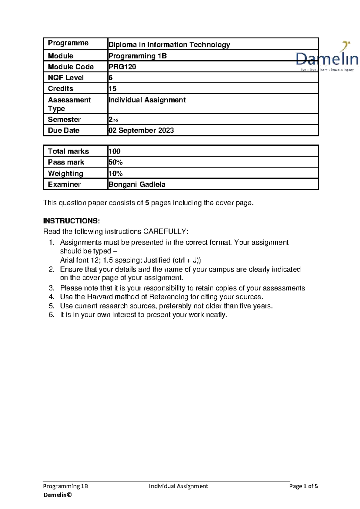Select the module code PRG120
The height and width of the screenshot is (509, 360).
pos(122,67)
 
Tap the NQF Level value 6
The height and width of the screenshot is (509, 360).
pos(110,78)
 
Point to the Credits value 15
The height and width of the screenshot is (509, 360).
pos(112,88)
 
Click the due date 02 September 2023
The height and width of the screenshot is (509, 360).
pos(141,130)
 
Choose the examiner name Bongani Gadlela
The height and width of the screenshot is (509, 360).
pos(137,184)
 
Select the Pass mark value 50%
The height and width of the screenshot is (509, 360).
pos(115,162)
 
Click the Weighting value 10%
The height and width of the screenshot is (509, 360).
pos(115,174)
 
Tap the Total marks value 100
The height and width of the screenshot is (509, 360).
pos(114,151)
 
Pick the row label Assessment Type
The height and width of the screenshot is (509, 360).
pos(69,104)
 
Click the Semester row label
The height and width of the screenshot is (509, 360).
pos(64,119)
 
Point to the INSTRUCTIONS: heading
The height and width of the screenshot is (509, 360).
pos(71,221)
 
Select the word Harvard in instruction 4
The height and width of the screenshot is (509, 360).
pos(100,297)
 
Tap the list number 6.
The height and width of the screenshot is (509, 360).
pos(52,315)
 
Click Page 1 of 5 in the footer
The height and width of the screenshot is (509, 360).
pos(303,486)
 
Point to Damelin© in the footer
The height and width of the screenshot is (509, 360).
pos(58,495)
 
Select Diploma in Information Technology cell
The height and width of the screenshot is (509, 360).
pos(169,45)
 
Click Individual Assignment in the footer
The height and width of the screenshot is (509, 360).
pos(178,486)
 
